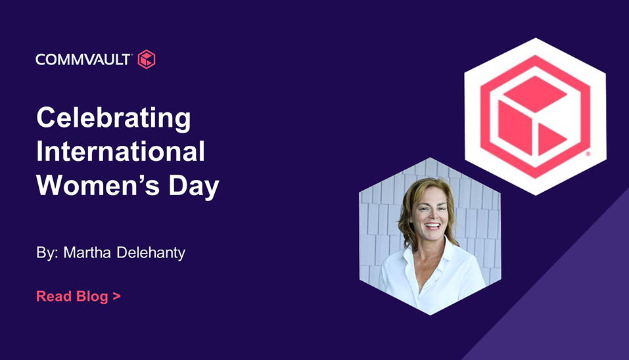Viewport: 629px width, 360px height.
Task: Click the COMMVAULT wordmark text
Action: pos(83,60)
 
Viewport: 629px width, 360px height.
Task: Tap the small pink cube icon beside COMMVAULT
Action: pos(147,59)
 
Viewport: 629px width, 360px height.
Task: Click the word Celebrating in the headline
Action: pos(114,118)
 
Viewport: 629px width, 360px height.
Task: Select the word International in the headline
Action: pos(120,151)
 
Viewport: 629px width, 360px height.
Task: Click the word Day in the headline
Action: pos(194,186)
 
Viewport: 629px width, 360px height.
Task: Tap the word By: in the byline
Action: pos(47,253)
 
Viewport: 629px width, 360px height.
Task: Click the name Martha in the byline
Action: pos(87,252)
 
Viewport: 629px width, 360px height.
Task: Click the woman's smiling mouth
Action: pos(432,226)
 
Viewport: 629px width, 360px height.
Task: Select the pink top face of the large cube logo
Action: pos(535,94)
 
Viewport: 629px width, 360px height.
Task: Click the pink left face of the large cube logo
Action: pos(515,127)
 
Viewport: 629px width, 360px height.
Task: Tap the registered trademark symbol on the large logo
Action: pos(588,154)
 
